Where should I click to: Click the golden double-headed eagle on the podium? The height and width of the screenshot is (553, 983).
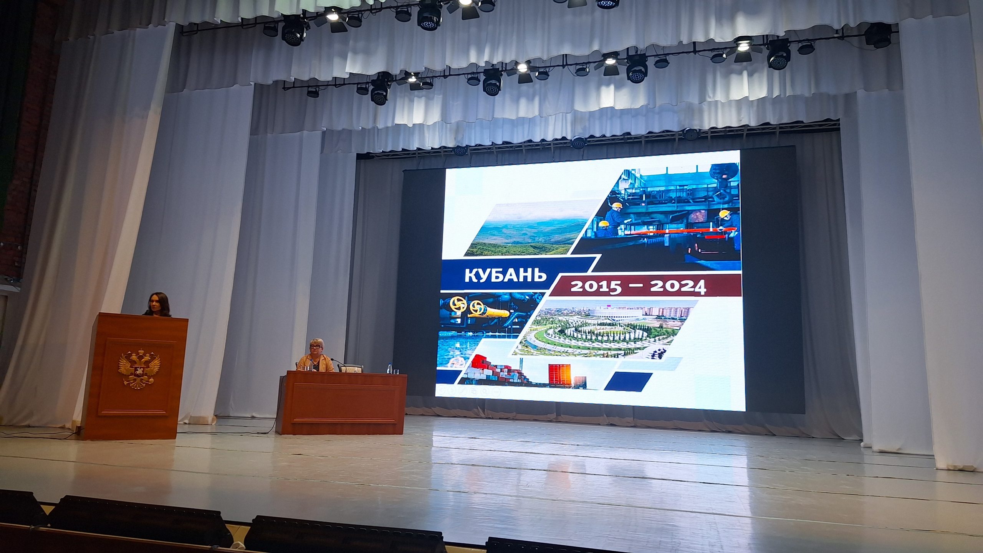139,368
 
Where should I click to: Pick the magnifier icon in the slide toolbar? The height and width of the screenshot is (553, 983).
485,391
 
